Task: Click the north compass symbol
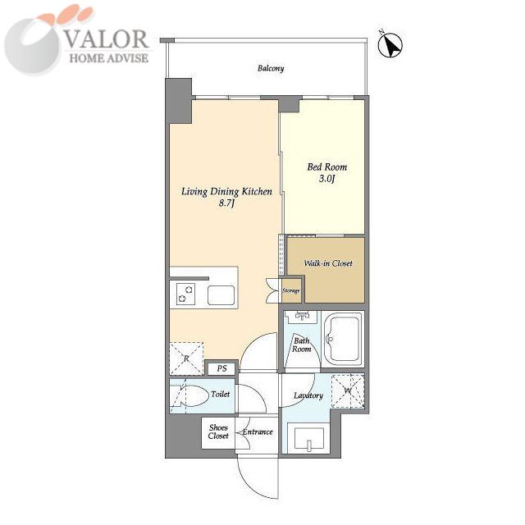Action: [390, 45]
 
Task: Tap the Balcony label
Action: [271, 68]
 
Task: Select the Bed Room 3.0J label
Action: [327, 172]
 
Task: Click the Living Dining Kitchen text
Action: [226, 191]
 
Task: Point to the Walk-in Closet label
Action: [328, 263]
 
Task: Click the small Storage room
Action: [290, 290]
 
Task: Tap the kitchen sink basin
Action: [221, 295]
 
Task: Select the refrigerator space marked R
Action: [186, 358]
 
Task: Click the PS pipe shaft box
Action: [221, 368]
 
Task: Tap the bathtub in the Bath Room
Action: [343, 339]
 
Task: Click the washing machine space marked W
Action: [348, 390]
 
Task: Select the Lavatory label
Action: [308, 395]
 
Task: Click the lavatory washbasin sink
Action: [308, 439]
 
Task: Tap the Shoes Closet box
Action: [218, 432]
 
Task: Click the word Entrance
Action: [258, 432]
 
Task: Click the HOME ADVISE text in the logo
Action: [109, 58]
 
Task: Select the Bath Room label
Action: [301, 345]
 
